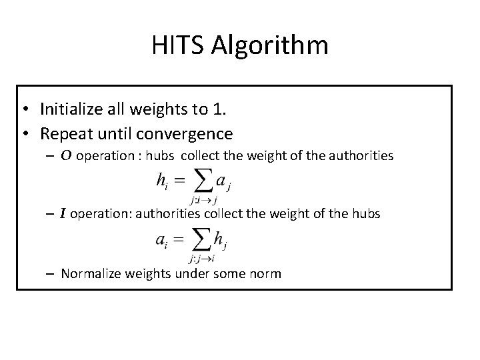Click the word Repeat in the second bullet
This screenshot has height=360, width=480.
point(65,134)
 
